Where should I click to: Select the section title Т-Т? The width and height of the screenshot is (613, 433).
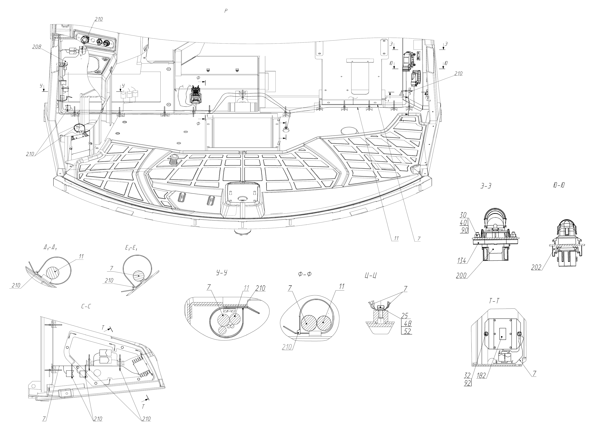coord(494,301)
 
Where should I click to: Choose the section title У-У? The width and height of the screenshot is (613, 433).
coord(222,273)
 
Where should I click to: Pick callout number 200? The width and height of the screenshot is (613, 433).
coord(461,276)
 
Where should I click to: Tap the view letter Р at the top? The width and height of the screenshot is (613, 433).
coord(226,11)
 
